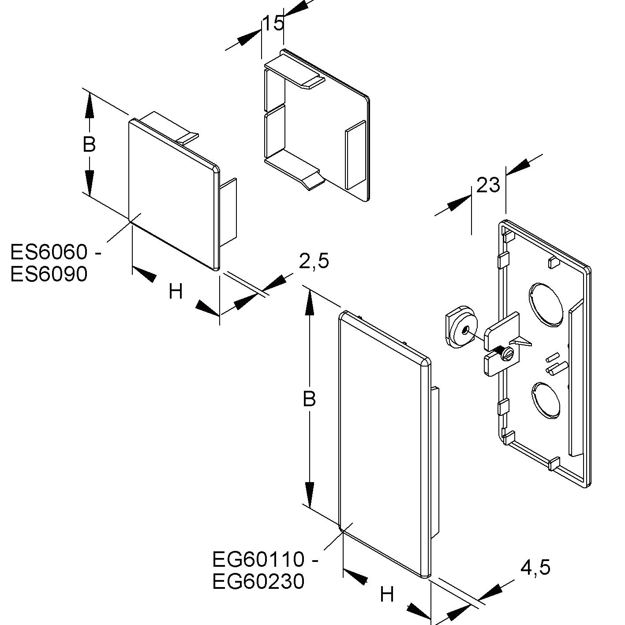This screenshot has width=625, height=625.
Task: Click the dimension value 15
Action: pos(273,23)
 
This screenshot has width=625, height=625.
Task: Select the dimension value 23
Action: pos(488,185)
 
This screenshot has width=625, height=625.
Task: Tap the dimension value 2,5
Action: pos(314,261)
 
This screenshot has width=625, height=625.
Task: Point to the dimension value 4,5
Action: pos(535,567)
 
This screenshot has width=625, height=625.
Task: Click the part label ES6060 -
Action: pos(56,253)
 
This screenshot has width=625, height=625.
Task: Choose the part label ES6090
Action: pos(49,274)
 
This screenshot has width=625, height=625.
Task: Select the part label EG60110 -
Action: pos(265,560)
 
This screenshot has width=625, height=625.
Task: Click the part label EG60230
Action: pos(258,581)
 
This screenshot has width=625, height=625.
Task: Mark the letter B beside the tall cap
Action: pos(309,399)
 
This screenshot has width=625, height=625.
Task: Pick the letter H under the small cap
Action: pos(176,292)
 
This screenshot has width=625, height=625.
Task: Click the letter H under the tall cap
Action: pos(386,595)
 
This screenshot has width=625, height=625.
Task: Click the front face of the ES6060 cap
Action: pos(172,194)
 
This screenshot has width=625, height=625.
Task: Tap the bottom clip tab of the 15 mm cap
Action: pos(300,172)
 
